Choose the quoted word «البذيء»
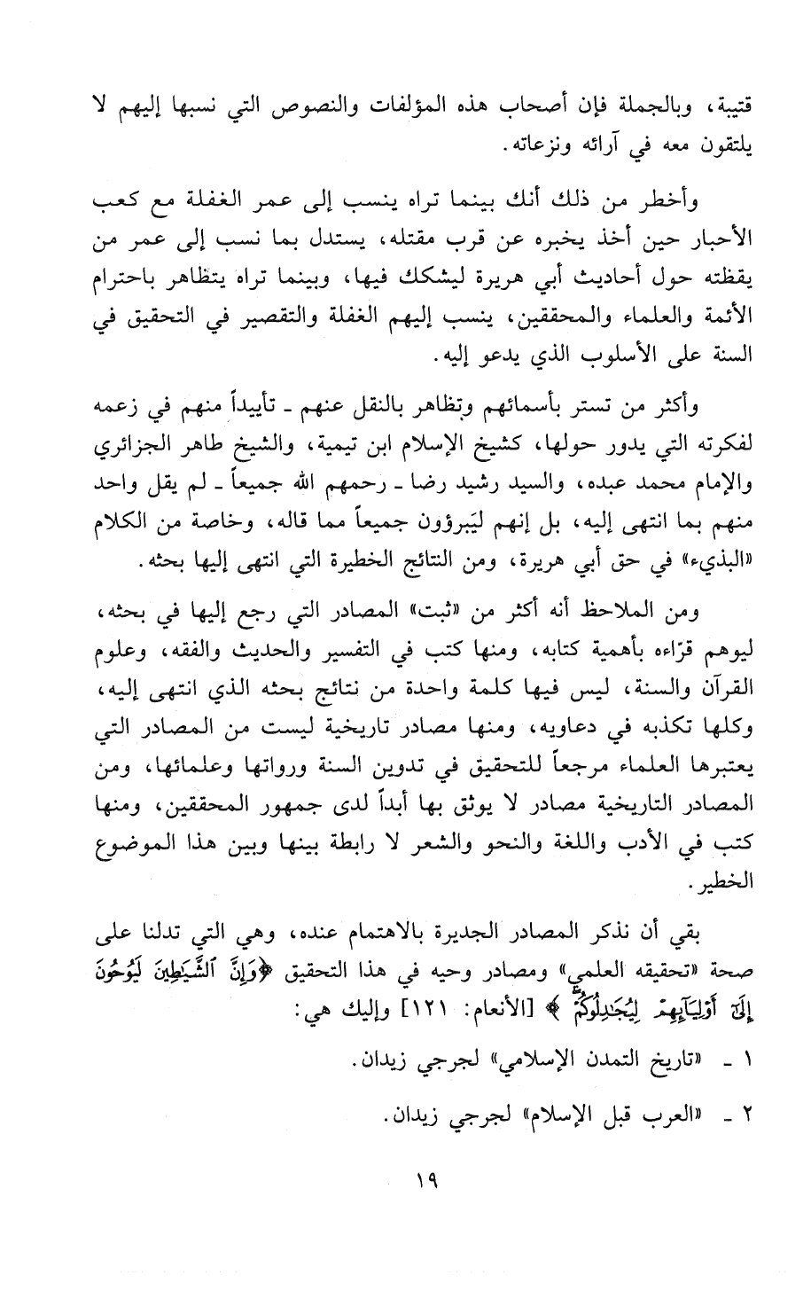[x=698, y=563]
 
